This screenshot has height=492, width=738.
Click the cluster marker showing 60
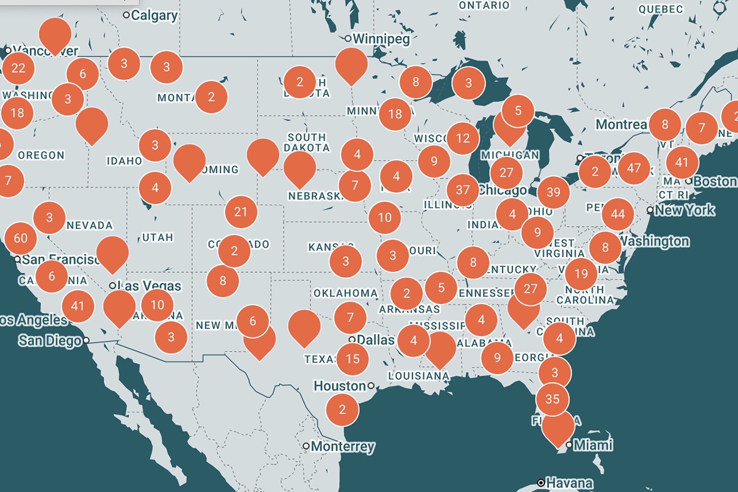(x=20, y=238)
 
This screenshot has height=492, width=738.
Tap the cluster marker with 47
(x=634, y=168)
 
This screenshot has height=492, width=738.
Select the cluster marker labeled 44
(x=618, y=214)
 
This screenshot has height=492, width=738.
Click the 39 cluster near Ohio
(x=553, y=192)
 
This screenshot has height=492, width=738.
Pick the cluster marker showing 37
(x=463, y=190)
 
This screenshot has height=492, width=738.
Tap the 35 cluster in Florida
(x=552, y=399)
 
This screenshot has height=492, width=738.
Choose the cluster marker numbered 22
(x=18, y=68)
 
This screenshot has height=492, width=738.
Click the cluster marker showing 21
(x=241, y=212)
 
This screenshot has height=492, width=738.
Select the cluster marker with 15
(x=353, y=359)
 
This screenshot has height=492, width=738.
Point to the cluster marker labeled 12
(x=463, y=138)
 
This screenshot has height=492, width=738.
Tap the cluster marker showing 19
(x=581, y=274)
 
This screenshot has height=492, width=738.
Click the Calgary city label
(x=154, y=15)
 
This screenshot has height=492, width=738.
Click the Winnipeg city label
(x=381, y=39)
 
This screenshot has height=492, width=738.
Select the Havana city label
(x=569, y=482)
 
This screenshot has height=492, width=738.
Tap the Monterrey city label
(x=342, y=446)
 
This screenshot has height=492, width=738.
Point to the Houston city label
(x=340, y=386)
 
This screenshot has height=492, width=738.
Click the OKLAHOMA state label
(x=346, y=293)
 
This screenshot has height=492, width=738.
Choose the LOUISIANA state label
(x=418, y=376)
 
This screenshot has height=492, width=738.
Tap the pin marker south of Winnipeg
(x=351, y=64)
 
